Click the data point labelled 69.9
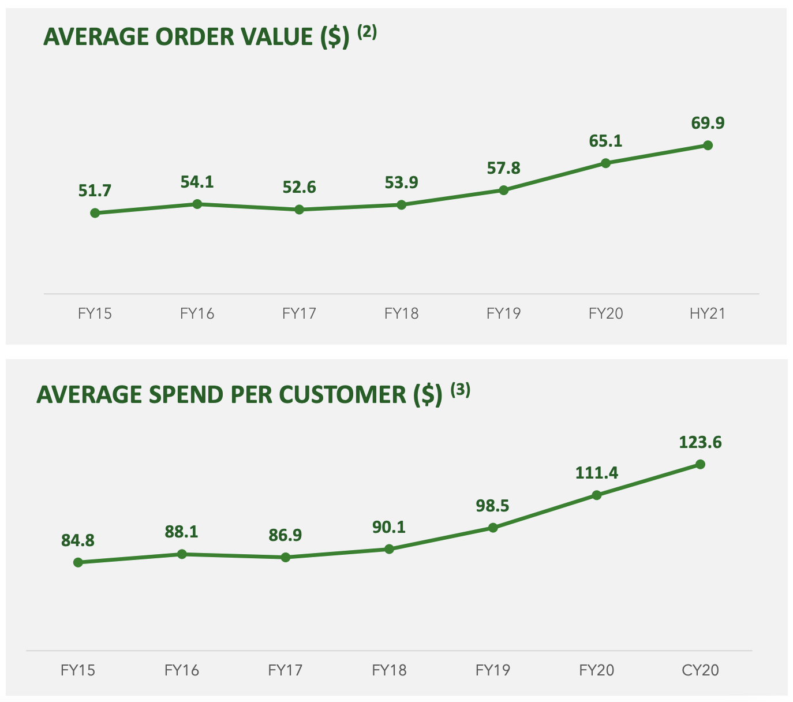708,145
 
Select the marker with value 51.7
95,213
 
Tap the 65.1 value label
605,141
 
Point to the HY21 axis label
707,313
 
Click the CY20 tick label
700,670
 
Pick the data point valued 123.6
700,464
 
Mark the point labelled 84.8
78,562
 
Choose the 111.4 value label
596,473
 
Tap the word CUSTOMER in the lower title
343,395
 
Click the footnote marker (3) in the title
461,390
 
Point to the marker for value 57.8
503,190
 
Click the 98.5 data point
493,528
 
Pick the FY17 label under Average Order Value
299,313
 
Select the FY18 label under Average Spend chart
389,670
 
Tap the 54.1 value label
197,182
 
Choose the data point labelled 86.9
286,557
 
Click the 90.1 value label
388,527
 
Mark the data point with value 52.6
299,210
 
